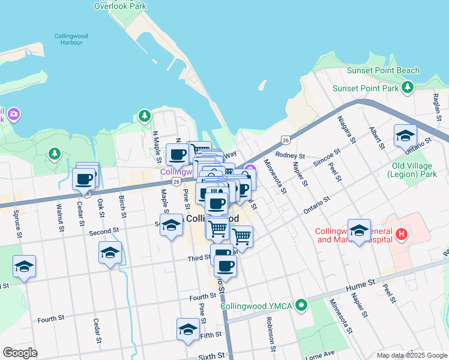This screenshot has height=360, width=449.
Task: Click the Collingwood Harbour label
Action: pos(71,40)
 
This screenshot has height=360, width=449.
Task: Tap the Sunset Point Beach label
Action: pos(384,71)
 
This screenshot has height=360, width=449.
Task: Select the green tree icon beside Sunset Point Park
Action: pos(408,88)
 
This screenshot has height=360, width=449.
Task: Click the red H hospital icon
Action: pos(402,235)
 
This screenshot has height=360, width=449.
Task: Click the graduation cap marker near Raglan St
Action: pos(405,136)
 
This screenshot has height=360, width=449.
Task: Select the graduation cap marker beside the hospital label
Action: pos(359,231)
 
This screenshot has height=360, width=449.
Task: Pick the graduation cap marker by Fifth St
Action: pos(188,329)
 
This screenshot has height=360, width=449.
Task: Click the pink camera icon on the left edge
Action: pos(14,113)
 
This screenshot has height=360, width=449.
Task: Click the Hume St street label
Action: pos(364,281)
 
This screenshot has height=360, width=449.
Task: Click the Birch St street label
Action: pos(122,206)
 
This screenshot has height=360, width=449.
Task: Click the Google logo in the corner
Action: pos(20,353)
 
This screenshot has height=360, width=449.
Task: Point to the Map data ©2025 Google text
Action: pos(412,355)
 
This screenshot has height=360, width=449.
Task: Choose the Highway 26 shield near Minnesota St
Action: pos(285,140)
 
